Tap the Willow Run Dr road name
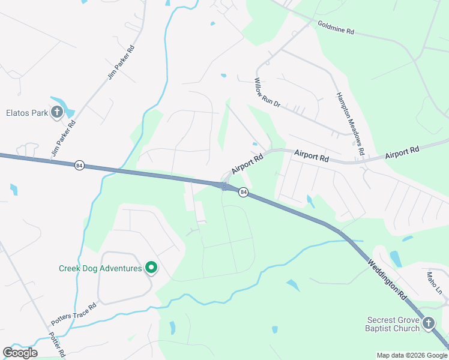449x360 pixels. tap(267, 92)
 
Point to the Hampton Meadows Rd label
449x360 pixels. tap(350, 124)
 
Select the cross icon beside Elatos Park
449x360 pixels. tap(57, 112)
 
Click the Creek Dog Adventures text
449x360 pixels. tap(100, 268)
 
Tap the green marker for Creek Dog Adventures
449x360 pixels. tap(151, 268)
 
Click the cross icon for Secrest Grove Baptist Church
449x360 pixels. tap(429, 324)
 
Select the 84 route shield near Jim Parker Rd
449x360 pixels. tap(79, 165)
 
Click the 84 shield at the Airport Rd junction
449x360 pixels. tap(243, 192)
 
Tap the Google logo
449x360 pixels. tap(20, 352)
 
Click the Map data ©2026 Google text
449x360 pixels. tap(411, 355)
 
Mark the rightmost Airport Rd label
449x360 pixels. tap(402, 153)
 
